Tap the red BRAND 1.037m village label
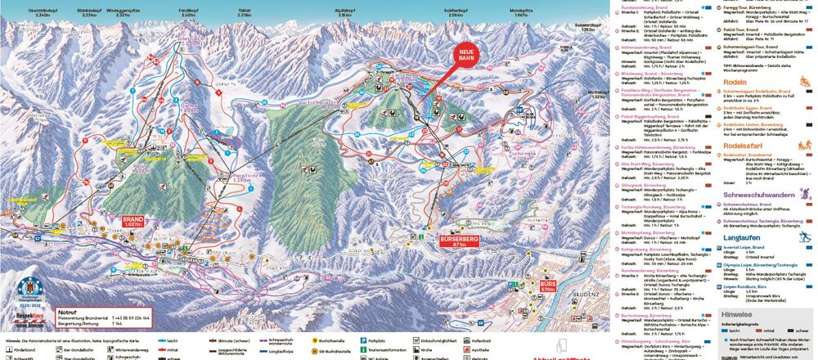133,223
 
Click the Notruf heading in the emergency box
68,312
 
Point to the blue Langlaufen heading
741,237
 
